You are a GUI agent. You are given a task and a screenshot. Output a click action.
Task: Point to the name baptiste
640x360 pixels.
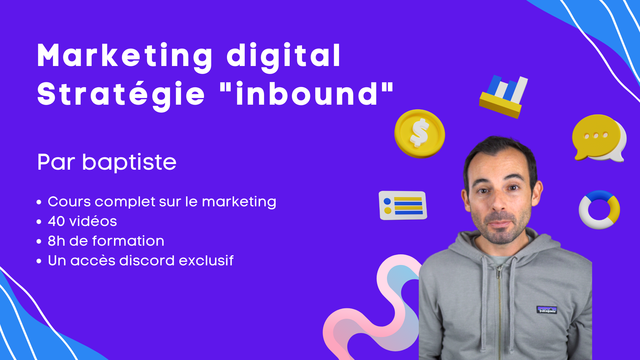pos(129,162)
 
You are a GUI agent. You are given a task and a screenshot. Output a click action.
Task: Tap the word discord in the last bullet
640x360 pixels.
pos(147,260)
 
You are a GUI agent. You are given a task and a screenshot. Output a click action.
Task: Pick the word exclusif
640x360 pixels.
pos(206,260)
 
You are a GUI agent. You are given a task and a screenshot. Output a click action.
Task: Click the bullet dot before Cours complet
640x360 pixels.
pos(39,202)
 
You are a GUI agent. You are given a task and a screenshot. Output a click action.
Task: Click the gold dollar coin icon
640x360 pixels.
pos(420,134)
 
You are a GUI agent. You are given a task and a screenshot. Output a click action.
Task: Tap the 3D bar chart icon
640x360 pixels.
pos(503,96)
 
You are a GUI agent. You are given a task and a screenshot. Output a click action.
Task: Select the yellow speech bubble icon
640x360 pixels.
pos(599,138)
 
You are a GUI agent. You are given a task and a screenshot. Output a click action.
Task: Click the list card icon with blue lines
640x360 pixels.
pos(403,205)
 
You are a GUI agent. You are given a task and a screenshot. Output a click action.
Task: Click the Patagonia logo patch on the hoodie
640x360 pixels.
pos(547,310)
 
